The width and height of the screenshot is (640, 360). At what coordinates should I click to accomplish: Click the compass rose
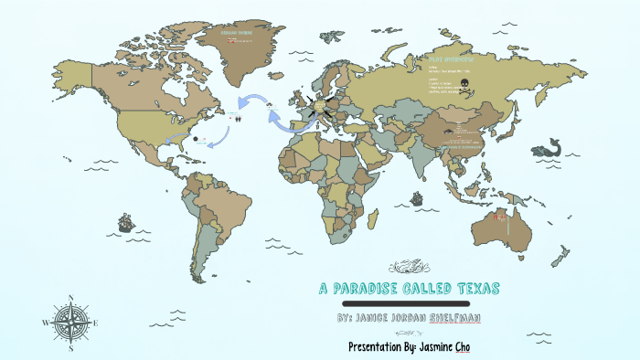(x=69, y=323)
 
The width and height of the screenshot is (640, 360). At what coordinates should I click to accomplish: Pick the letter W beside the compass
(x=45, y=323)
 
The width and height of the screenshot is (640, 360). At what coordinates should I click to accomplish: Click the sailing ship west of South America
(x=125, y=222)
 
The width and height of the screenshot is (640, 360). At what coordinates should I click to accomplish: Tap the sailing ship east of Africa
(x=417, y=197)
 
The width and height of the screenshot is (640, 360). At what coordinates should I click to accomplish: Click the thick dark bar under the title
(x=404, y=302)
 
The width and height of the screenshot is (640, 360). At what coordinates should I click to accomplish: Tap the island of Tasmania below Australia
(x=528, y=263)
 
